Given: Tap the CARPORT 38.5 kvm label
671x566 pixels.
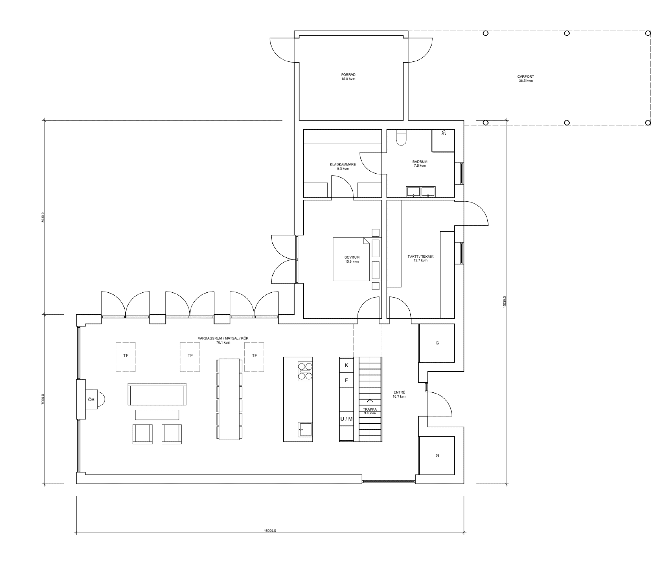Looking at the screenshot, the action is (x=525, y=79).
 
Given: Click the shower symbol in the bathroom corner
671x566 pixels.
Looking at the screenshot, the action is (x=444, y=132).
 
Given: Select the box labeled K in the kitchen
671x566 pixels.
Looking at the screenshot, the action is (x=346, y=365).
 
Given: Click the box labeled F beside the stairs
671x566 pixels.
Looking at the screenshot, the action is (x=346, y=380).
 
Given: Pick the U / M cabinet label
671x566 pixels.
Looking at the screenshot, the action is (x=346, y=419).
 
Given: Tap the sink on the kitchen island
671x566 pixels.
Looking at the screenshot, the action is (x=305, y=429).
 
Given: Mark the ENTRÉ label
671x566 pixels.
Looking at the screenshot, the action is (x=399, y=392).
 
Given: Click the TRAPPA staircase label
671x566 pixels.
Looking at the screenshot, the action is (x=370, y=410).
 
